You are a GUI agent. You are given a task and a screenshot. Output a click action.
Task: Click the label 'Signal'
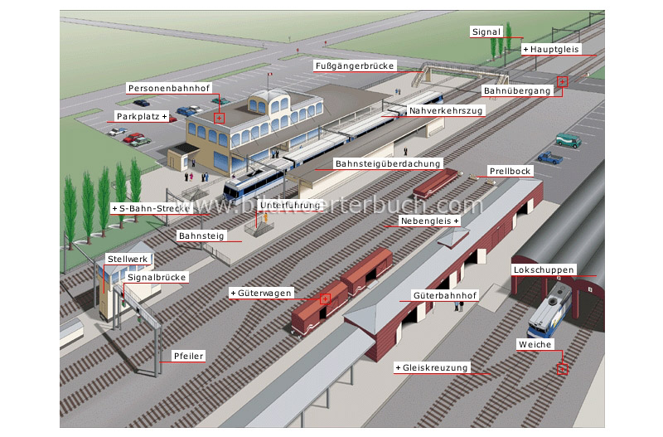pos(486,32)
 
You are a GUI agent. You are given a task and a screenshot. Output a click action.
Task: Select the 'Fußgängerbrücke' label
pos(356,66)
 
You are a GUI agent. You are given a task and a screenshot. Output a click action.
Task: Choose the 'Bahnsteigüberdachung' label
pos(388,163)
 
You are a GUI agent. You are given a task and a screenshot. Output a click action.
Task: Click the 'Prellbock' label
pos(510,172)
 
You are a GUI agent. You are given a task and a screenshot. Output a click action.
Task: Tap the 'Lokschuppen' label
pos(540,270)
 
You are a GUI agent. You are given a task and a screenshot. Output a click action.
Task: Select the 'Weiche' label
pos(534,344)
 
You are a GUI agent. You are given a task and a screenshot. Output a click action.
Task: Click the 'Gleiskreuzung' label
pos(432,367)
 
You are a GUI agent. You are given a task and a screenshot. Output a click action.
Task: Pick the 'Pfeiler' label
pos(188,357)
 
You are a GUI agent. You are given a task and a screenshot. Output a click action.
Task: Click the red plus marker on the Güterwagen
pos(326,298)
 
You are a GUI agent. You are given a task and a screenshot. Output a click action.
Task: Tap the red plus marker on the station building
pos(219,118)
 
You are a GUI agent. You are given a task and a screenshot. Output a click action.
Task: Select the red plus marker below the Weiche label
pos(563,370)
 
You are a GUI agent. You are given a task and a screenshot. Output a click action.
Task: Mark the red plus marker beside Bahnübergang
pos(563,81)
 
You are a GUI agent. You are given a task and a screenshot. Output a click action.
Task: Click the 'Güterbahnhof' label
pos(444,295)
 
